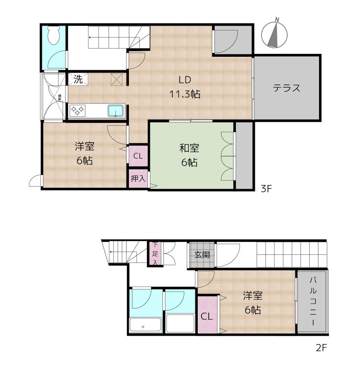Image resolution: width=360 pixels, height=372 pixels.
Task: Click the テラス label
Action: [x=287, y=88]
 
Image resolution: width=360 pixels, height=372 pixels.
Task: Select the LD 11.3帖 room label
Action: [x=185, y=87]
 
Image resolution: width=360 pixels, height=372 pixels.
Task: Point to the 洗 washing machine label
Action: [x=78, y=79]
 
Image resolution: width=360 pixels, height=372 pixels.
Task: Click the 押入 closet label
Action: [x=138, y=179]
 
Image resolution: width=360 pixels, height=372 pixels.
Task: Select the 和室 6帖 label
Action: [x=189, y=155]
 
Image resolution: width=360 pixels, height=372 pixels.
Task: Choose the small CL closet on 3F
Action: [x=138, y=156]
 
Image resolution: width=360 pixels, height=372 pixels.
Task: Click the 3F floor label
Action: [x=266, y=189]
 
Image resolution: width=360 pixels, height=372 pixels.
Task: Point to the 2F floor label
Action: [x=321, y=348]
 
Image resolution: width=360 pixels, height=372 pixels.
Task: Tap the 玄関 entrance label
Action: [x=202, y=254]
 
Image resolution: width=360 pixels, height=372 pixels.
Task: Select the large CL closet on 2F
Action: [x=207, y=314]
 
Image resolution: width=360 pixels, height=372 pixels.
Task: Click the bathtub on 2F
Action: [x=146, y=325]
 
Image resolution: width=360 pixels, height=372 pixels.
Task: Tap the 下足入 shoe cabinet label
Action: [x=155, y=253]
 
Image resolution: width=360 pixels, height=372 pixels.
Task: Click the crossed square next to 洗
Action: [x=117, y=80]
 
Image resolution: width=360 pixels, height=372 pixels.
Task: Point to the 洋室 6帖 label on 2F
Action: [x=253, y=303]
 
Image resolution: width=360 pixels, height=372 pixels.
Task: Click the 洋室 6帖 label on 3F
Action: [x=85, y=153]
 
